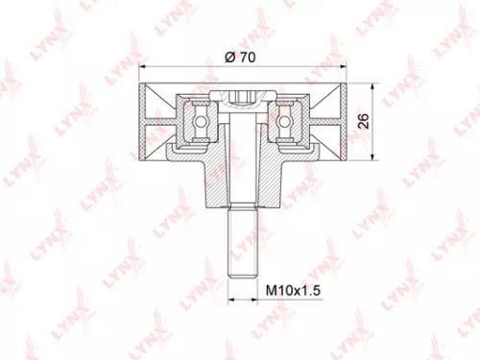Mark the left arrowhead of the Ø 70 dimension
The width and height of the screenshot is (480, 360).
click(145, 68)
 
